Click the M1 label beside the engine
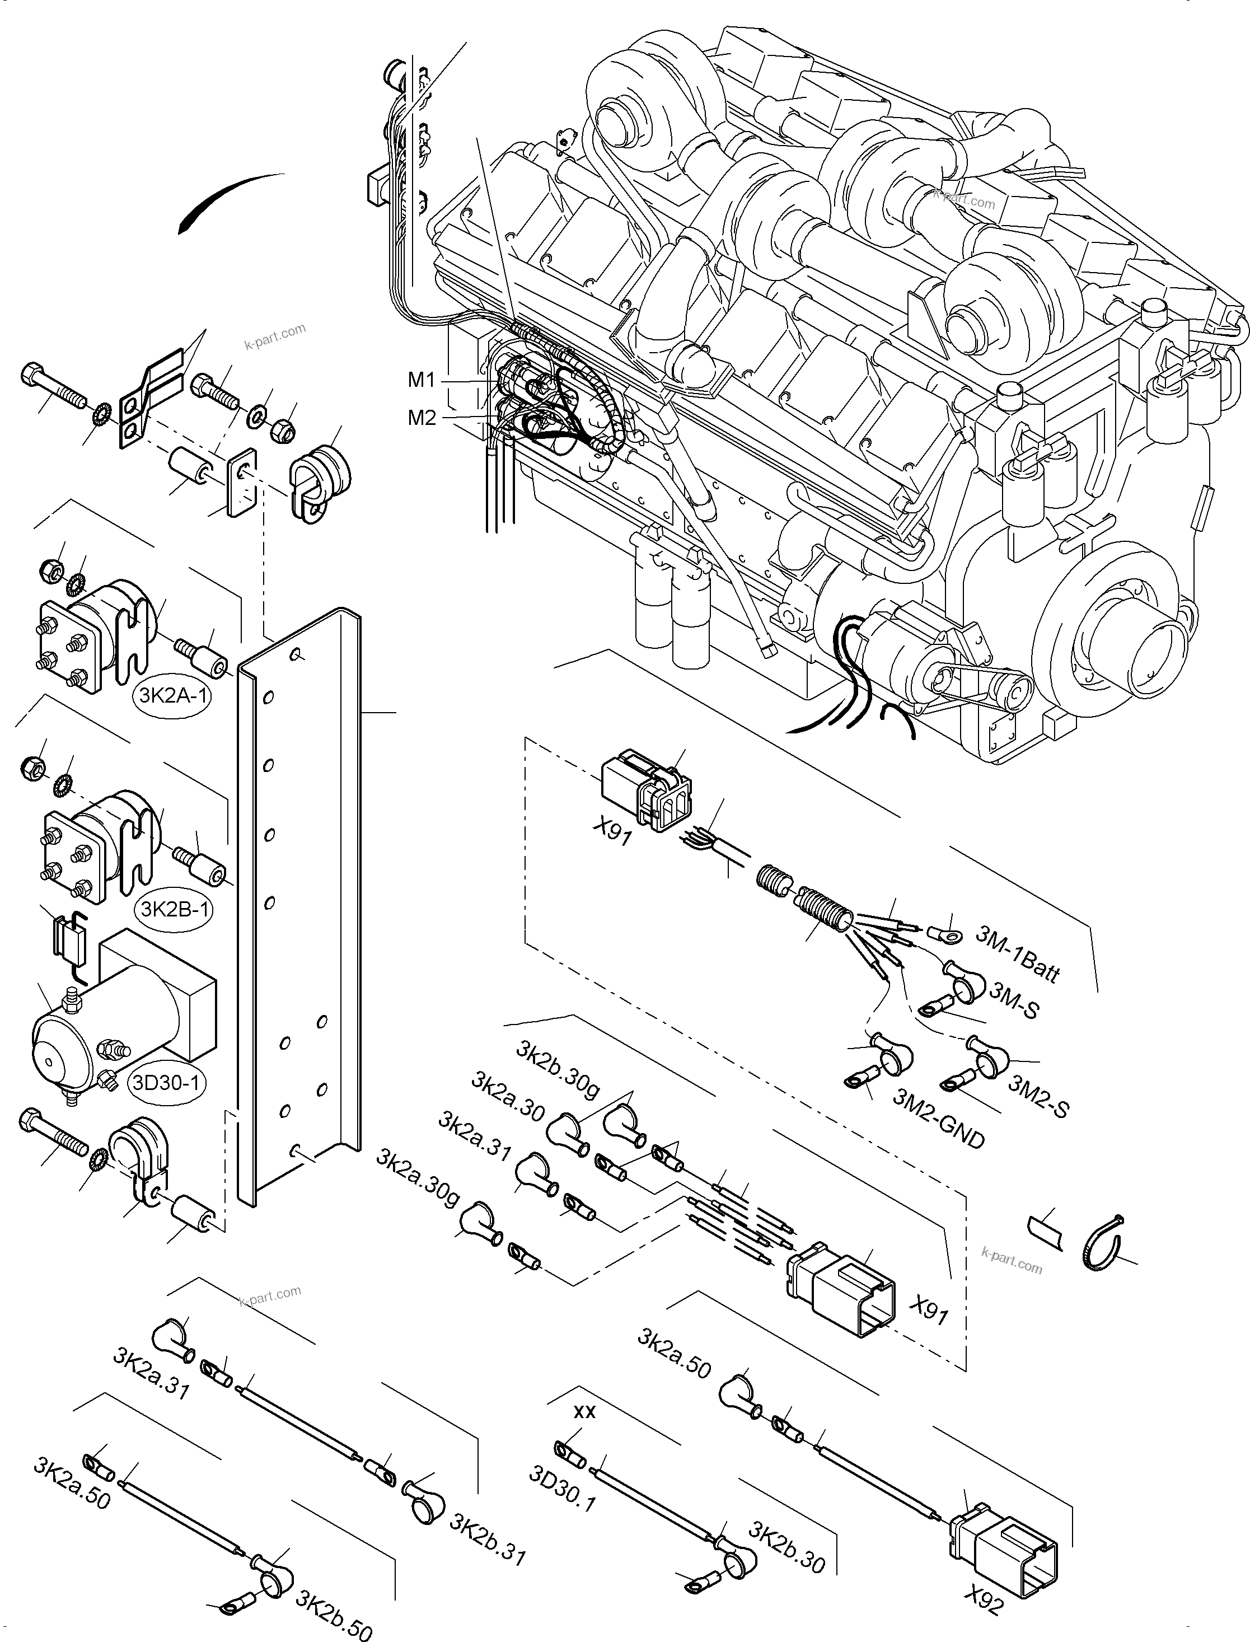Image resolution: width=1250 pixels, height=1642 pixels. (x=421, y=380)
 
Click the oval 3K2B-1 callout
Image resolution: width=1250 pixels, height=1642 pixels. (x=172, y=909)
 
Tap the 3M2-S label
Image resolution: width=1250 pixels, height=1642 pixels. (x=1039, y=1096)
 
